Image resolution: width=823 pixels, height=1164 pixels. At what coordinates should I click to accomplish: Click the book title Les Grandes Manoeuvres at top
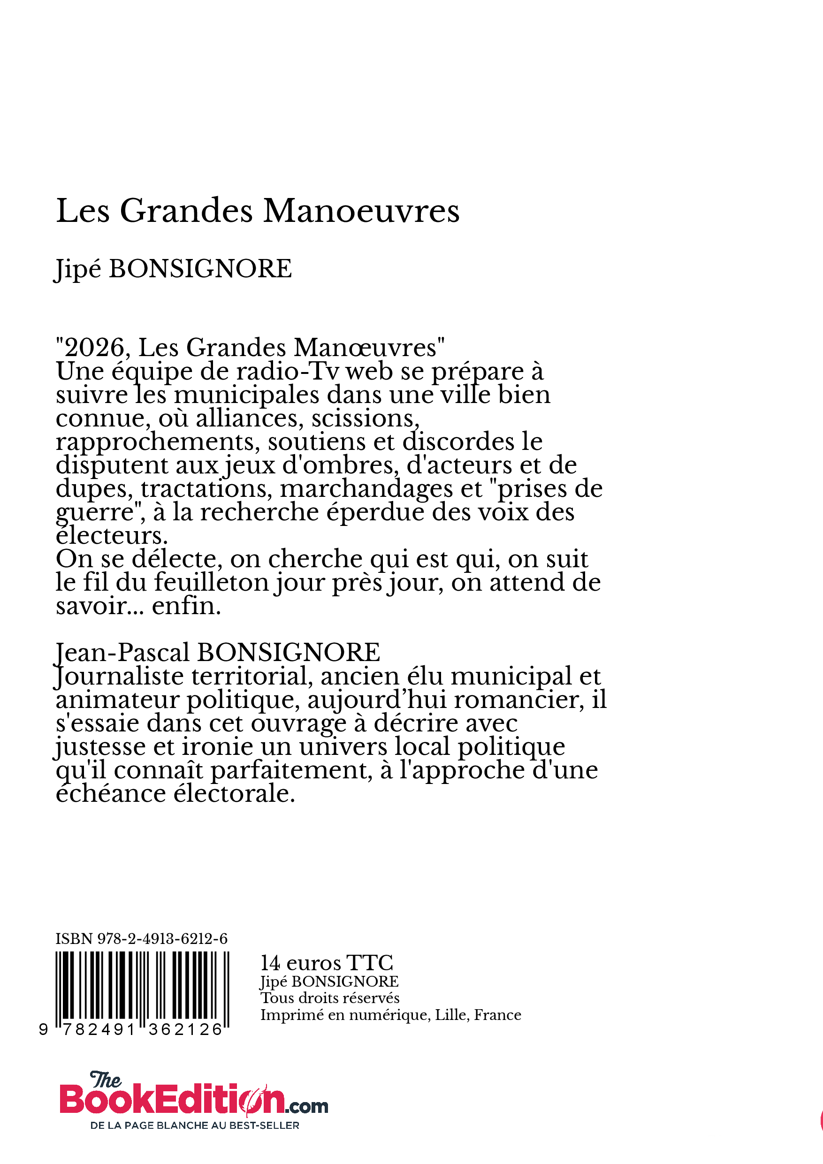pos(258,211)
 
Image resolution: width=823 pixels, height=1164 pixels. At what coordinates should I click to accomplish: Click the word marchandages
pos(366,489)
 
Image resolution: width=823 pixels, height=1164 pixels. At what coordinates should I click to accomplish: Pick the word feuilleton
pos(211,583)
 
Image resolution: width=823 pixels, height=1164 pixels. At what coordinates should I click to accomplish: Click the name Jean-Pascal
pos(122,653)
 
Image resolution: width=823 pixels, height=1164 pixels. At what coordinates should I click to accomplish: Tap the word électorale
pos(233,793)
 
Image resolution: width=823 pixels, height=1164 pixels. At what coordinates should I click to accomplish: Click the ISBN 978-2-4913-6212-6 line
pos(142,939)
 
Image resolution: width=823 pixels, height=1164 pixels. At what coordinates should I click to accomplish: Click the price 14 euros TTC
pos(327,963)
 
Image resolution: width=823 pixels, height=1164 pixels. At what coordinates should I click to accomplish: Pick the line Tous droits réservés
pos(329,998)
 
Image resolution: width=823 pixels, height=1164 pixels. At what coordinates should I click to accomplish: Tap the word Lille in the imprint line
pos(452,1015)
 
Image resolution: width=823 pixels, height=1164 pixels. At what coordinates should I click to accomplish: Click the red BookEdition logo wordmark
pos(172,1099)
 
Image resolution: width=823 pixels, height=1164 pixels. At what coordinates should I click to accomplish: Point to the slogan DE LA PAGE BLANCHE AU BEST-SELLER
pos(195,1126)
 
